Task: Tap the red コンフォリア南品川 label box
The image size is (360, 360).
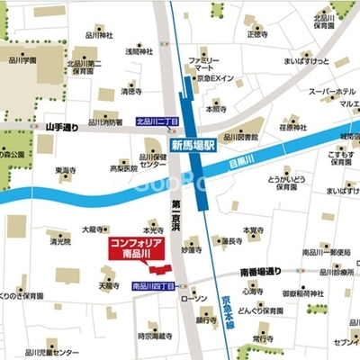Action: click(x=136, y=251)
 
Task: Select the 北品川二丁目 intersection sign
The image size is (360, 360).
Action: click(x=155, y=121)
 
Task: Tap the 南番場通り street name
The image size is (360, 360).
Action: click(x=261, y=270)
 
